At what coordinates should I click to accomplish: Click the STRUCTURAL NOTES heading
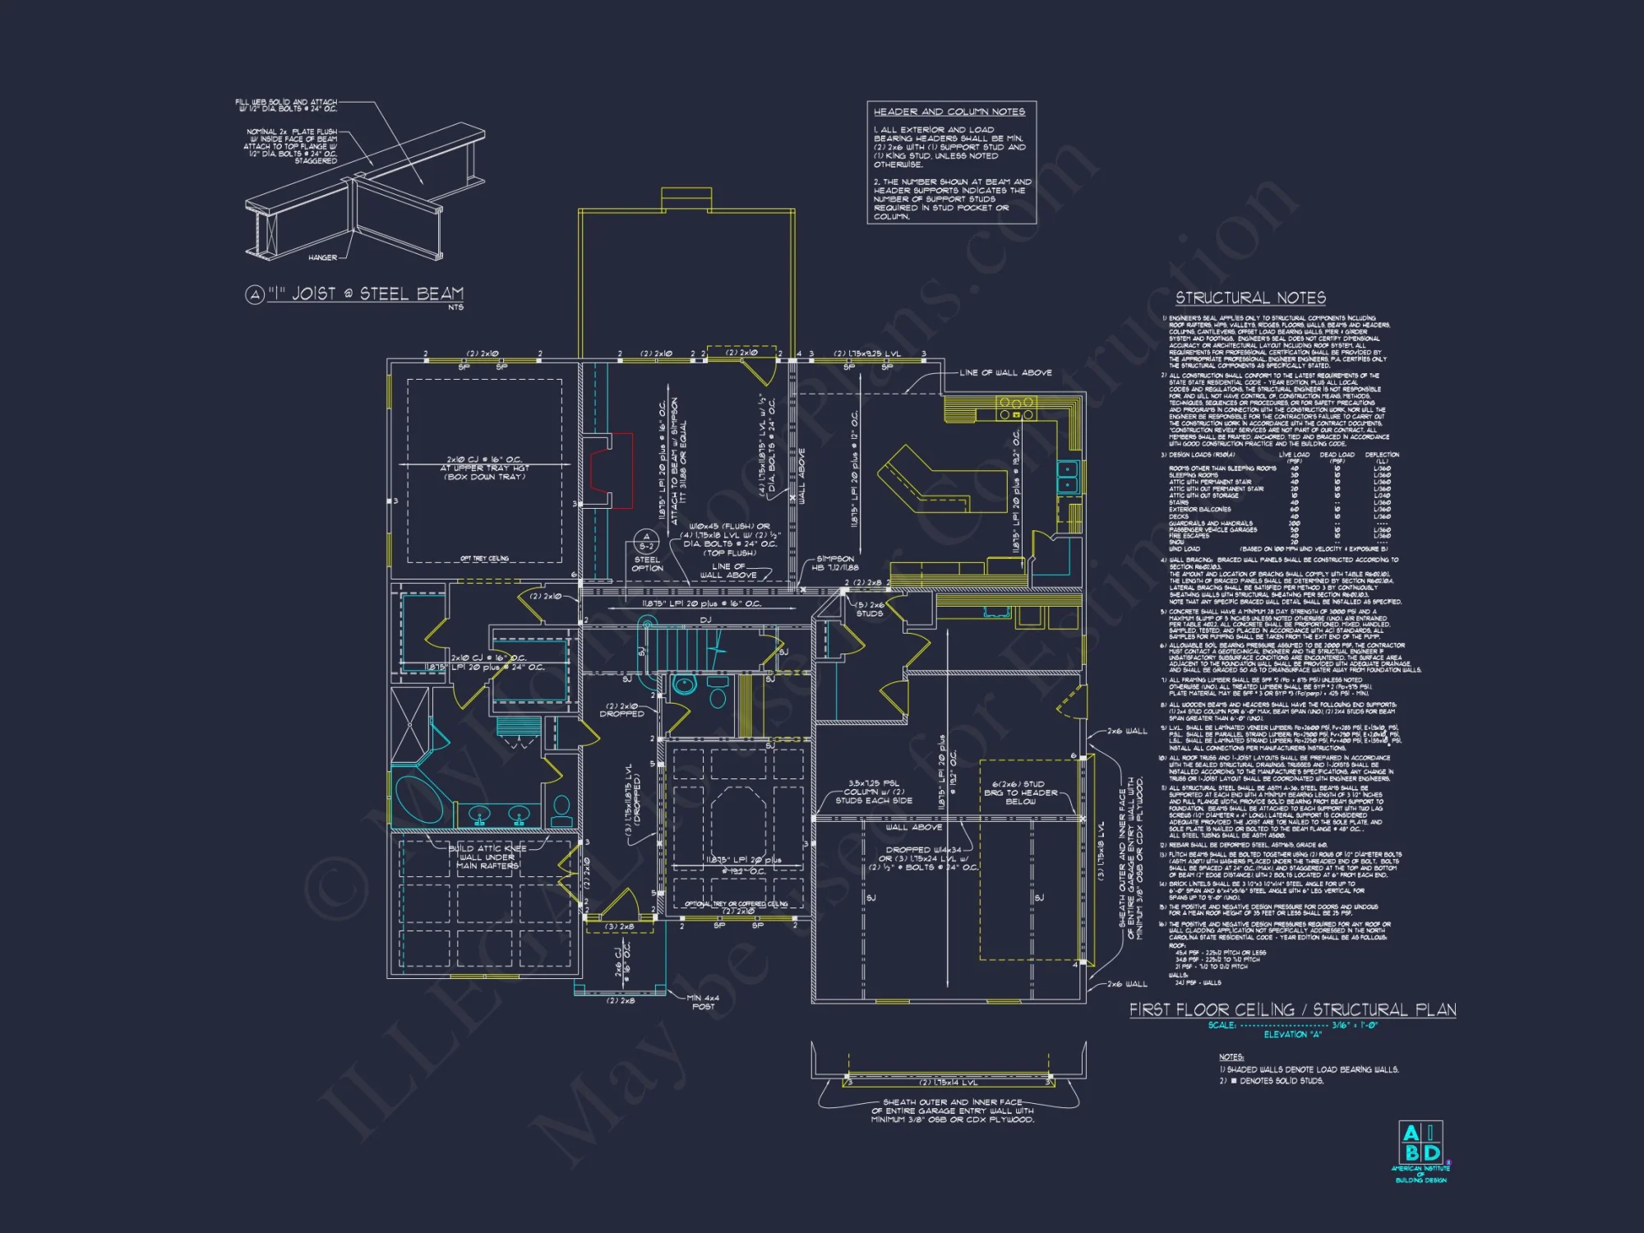click(1249, 298)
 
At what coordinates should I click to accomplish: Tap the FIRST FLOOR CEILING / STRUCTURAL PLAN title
click(1292, 1009)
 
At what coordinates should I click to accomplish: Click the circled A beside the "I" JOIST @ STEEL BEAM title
click(255, 294)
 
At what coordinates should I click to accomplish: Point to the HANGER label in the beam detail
click(322, 257)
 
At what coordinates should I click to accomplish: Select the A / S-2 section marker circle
click(646, 541)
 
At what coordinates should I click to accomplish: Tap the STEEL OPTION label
click(647, 564)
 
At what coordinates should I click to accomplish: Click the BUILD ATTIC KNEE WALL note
click(487, 857)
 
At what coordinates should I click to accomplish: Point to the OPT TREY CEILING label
click(484, 559)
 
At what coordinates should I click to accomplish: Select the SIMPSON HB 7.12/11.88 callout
click(835, 563)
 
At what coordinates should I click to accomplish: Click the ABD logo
click(1420, 1143)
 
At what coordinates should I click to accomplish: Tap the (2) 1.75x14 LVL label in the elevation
click(948, 1083)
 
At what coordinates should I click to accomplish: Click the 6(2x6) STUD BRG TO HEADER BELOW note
click(1020, 792)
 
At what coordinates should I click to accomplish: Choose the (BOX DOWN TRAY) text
click(484, 478)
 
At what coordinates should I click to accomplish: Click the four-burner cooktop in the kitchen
click(1016, 408)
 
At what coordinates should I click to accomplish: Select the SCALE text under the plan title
click(1221, 1025)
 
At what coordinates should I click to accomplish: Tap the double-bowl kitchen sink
click(1067, 477)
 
